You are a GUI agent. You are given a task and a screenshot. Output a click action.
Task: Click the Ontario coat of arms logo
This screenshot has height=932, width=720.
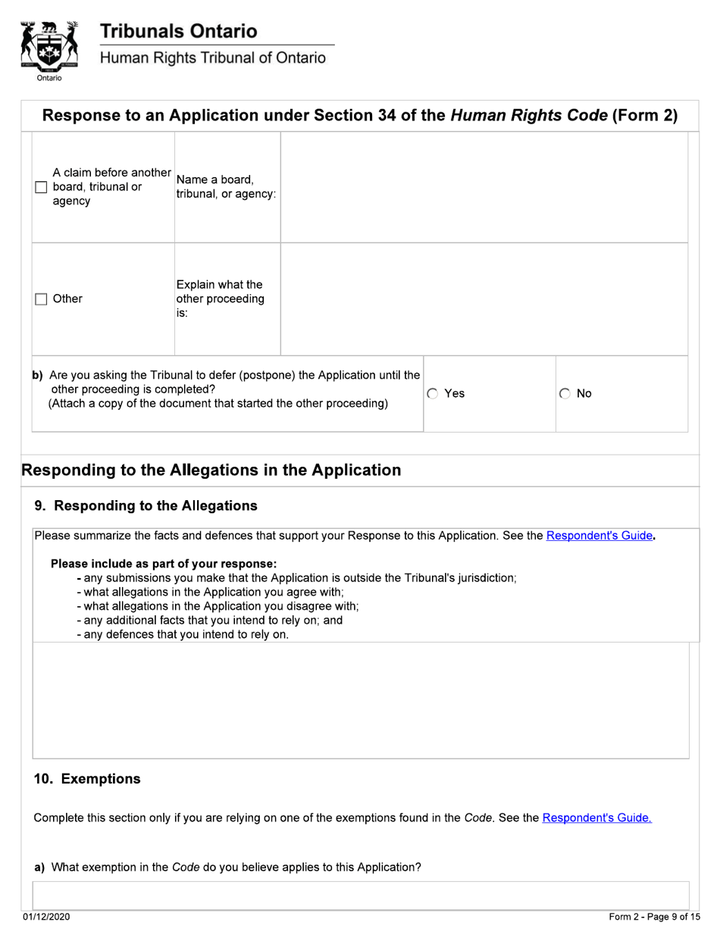49,49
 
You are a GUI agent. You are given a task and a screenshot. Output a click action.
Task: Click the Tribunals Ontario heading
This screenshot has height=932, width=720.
179,31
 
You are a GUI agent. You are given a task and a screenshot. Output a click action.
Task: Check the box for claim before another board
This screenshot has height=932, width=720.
42,188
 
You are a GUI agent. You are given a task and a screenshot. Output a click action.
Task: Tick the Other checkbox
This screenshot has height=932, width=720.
42,299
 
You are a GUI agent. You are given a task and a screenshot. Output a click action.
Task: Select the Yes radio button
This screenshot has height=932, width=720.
433,394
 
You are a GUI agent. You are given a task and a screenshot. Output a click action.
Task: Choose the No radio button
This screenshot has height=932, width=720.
565,394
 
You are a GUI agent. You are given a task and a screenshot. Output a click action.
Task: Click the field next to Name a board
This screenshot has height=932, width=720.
484,187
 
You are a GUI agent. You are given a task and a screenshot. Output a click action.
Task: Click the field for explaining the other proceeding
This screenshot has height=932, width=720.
484,299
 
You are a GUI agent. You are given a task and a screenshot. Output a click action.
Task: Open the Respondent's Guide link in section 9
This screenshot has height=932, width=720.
599,536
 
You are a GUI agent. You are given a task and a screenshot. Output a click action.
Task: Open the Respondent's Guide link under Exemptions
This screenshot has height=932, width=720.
596,818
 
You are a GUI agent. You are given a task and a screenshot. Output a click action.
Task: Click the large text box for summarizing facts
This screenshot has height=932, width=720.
361,700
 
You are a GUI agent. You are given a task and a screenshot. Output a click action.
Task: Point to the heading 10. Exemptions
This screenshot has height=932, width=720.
87,779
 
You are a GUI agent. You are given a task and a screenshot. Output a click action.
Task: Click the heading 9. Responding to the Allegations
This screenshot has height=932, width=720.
146,505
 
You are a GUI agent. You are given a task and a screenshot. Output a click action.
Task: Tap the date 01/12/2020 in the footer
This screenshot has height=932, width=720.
46,918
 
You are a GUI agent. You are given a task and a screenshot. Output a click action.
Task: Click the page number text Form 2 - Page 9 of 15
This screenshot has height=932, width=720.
654,918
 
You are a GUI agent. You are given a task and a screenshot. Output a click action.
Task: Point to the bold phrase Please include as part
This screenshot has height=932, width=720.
164,564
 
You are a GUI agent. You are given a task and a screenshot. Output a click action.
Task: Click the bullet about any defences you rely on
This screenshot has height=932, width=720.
183,634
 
